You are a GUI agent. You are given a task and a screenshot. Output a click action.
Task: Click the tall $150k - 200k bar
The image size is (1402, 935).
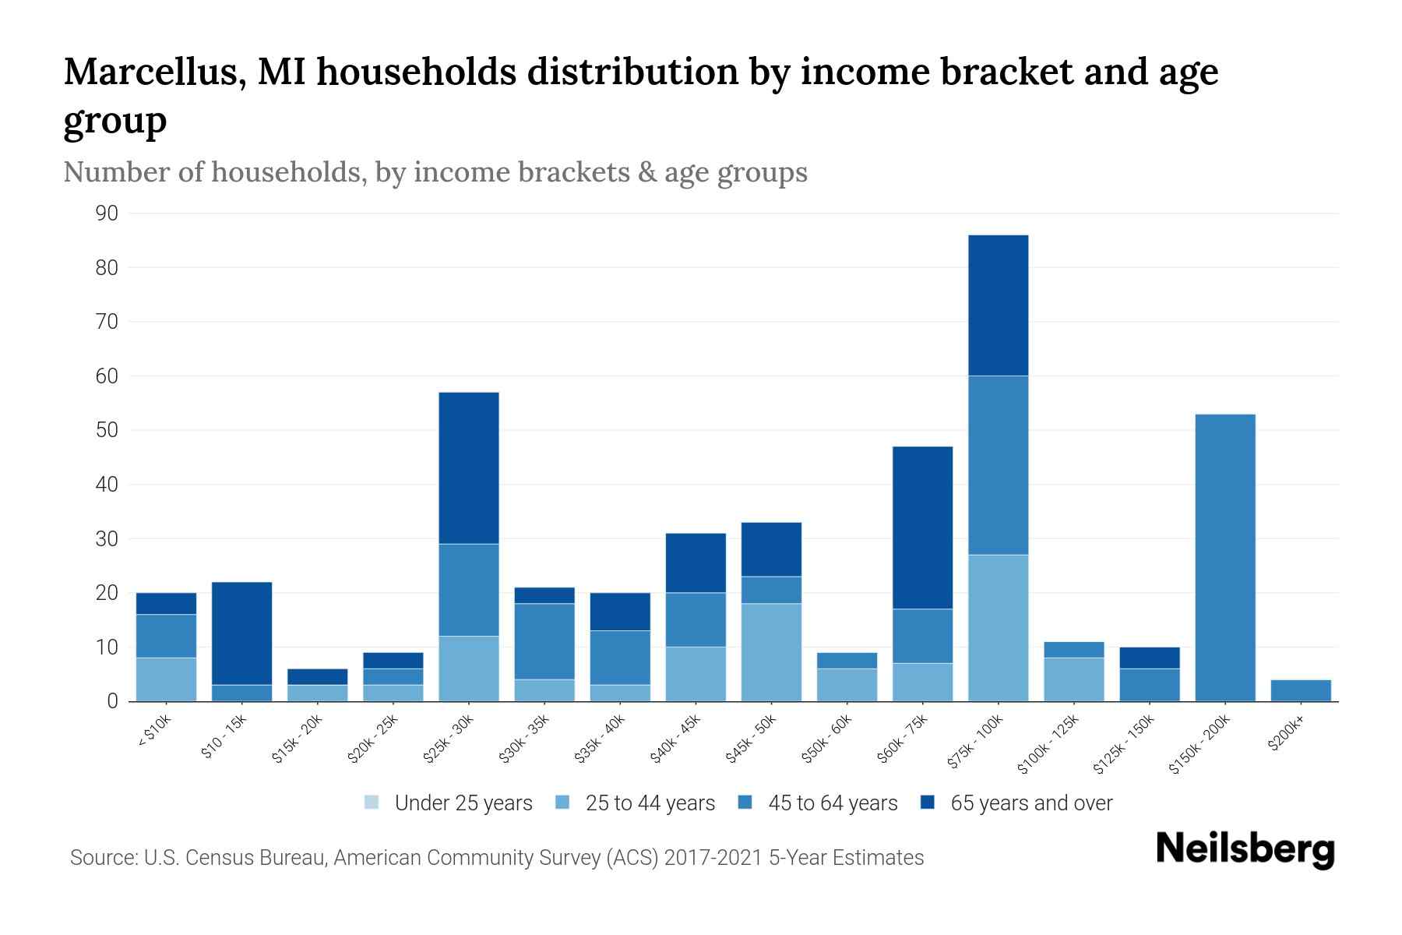click(x=1224, y=557)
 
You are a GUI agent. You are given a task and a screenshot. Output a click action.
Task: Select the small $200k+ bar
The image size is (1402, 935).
click(x=1300, y=690)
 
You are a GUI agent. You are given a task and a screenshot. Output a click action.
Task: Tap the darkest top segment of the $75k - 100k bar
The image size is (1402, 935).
click(x=998, y=305)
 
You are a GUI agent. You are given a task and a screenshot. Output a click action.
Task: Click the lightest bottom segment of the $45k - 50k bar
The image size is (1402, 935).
click(x=771, y=652)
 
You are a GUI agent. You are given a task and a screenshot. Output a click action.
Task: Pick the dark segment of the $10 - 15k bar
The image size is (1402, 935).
click(x=241, y=633)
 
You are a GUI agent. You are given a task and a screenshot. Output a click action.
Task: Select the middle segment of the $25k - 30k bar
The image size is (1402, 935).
click(x=469, y=590)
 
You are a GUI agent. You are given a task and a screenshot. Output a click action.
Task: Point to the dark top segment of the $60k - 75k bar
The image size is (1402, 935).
click(x=922, y=527)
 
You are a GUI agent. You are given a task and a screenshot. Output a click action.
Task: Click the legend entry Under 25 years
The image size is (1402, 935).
click(x=449, y=803)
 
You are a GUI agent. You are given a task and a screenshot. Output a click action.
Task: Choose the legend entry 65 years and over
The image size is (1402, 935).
click(x=1016, y=803)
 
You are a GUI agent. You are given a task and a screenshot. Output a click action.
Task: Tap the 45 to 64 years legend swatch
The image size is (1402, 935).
click(x=745, y=803)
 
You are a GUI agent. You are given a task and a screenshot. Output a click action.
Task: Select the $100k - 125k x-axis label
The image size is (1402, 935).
click(x=1048, y=743)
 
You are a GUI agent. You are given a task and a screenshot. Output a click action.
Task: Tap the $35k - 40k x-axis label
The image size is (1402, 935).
click(x=601, y=738)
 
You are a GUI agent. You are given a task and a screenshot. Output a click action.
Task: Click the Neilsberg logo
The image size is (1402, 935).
click(x=1244, y=849)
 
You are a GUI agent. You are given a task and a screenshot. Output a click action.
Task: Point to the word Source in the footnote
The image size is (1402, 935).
click(x=101, y=858)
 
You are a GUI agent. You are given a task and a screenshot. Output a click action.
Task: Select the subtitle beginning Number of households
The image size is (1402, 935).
click(x=435, y=172)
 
